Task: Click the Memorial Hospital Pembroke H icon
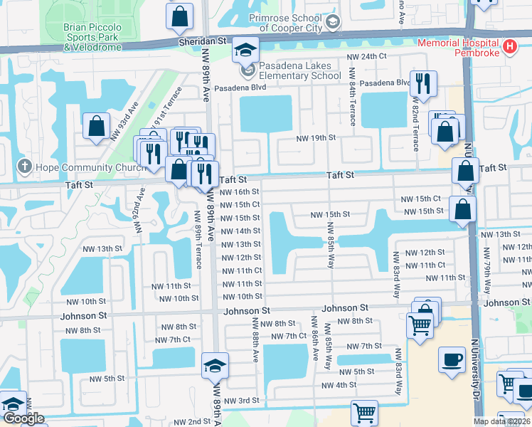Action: coord(509,47)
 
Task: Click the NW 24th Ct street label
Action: coord(366,56)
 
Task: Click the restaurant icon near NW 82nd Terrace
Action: coord(423,84)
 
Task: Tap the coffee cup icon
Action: coord(452,359)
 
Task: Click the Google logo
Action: coord(23,418)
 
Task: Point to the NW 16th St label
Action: coord(240,191)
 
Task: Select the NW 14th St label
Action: coord(240,231)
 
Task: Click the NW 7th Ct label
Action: coord(289,336)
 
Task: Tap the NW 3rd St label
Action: coord(241,401)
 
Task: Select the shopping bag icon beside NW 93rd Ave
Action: coord(95,126)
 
